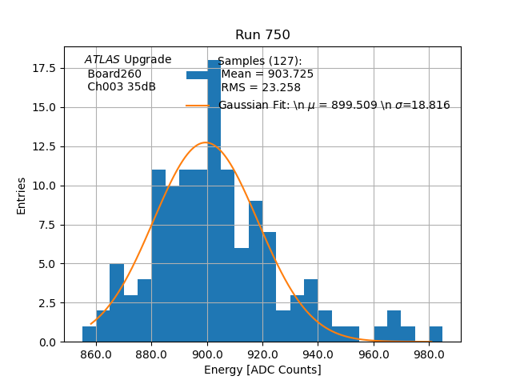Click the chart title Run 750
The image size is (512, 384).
262,35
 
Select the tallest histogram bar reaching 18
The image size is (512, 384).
214,200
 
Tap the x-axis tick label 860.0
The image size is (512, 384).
96,354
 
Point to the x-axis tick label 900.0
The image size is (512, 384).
207,354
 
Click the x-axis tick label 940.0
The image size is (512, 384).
318,354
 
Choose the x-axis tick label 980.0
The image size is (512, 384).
430,354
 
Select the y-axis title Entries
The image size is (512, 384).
22,195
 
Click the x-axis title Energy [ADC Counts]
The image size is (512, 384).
262,370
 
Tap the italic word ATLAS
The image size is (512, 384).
102,60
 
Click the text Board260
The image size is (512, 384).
114,74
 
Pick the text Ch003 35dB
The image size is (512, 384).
122,86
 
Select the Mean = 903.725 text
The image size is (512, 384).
267,74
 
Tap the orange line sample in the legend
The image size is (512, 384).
200,105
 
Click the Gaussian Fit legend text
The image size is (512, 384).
334,105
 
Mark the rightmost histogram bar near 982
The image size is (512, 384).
435,334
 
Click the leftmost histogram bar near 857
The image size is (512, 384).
89,334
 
